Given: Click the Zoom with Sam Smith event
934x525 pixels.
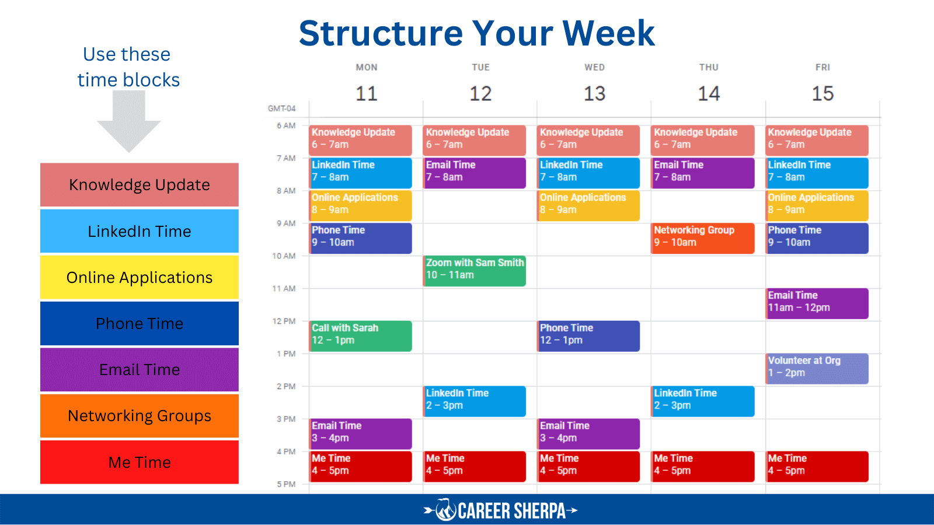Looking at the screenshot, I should pyautogui.click(x=475, y=271).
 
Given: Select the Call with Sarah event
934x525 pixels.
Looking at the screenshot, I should pyautogui.click(x=361, y=336).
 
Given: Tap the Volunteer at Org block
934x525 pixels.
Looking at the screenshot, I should pyautogui.click(x=817, y=369).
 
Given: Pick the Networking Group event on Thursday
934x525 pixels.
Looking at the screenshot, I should pyautogui.click(x=703, y=238).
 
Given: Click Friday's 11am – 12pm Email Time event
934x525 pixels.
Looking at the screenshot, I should pyautogui.click(x=817, y=303).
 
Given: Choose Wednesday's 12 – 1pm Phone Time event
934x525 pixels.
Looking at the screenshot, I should pyautogui.click(x=588, y=336).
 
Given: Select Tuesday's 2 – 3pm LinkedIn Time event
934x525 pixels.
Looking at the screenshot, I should pyautogui.click(x=475, y=401).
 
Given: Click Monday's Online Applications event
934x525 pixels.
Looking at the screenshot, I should pyautogui.click(x=361, y=205).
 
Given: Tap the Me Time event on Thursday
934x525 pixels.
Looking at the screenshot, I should pyautogui.click(x=703, y=467).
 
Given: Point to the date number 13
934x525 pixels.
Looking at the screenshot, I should pyautogui.click(x=594, y=93).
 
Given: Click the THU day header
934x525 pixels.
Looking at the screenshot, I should pyautogui.click(x=709, y=67).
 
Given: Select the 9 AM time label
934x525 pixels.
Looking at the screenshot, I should pyautogui.click(x=286, y=223).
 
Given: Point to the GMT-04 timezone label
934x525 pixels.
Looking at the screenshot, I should pyautogui.click(x=281, y=108).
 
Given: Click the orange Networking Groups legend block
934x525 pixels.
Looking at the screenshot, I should pyautogui.click(x=140, y=416).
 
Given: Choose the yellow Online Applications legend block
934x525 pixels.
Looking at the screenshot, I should pyautogui.click(x=140, y=278).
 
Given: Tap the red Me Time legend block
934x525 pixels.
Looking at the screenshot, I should pyautogui.click(x=140, y=462).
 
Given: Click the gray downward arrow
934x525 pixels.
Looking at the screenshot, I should pyautogui.click(x=129, y=121).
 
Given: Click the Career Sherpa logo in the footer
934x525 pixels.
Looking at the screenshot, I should pyautogui.click(x=501, y=510).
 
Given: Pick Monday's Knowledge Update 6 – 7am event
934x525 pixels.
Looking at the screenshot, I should pyautogui.click(x=361, y=140).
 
